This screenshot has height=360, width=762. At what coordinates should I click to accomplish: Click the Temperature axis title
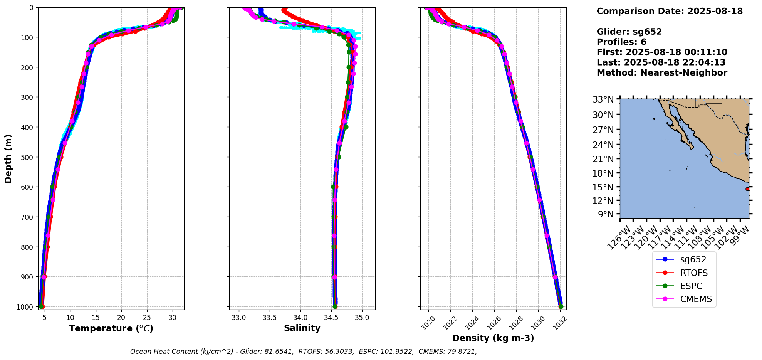[111, 328]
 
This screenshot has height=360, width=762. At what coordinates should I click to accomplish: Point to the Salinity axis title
[302, 328]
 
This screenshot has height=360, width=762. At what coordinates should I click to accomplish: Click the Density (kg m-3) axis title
[493, 338]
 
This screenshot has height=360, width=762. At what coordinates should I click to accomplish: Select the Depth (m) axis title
[8, 158]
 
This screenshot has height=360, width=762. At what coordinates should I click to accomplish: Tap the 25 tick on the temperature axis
[147, 318]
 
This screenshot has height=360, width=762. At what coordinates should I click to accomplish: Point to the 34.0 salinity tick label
[300, 318]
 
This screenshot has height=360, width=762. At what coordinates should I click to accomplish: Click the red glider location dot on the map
[747, 189]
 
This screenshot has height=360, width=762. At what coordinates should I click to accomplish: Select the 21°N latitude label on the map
[603, 159]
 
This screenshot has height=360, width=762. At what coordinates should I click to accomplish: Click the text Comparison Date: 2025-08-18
[670, 11]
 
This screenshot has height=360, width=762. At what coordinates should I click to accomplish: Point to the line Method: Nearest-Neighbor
[662, 73]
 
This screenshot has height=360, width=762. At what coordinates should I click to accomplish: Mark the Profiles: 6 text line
[621, 42]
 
